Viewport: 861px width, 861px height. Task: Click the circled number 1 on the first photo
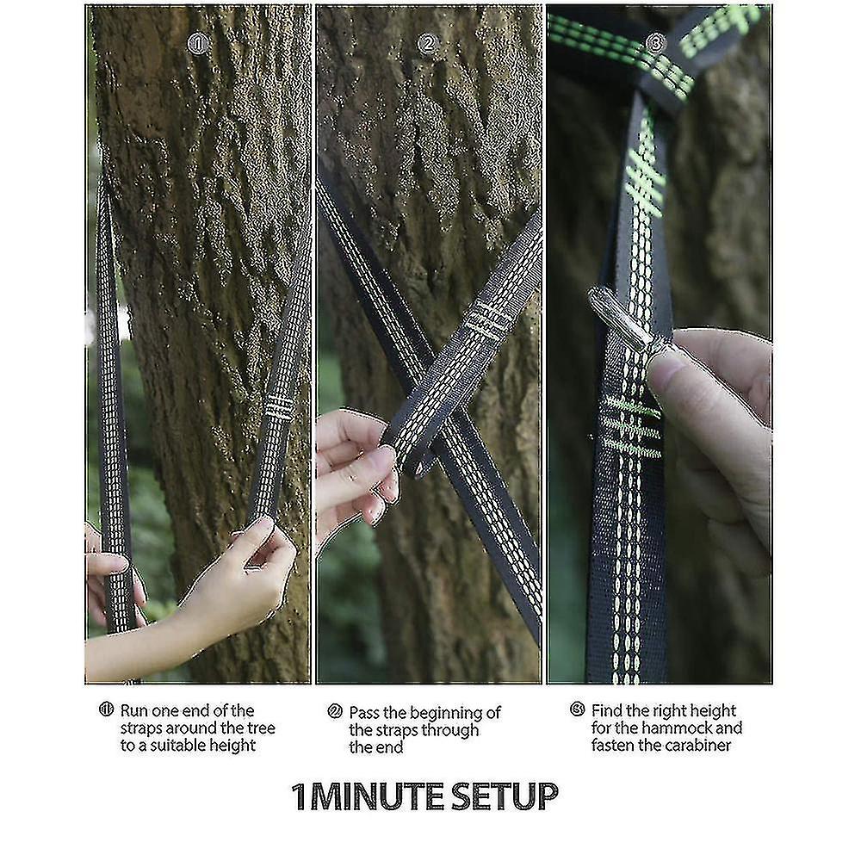pyautogui.click(x=199, y=43)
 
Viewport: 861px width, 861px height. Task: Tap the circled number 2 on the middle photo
pyautogui.click(x=428, y=43)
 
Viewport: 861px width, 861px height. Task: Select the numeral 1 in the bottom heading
pyautogui.click(x=299, y=796)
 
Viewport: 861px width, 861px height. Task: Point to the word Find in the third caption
pyautogui.click(x=607, y=711)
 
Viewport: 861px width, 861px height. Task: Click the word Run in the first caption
pyautogui.click(x=134, y=711)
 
